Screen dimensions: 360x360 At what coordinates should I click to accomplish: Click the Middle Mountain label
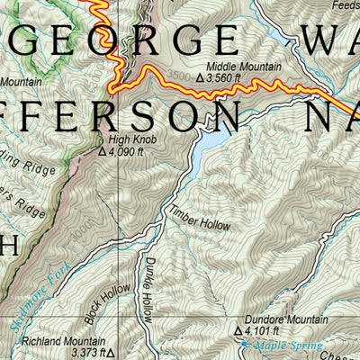tap(244, 67)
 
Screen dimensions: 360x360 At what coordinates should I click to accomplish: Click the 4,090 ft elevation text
tap(130, 152)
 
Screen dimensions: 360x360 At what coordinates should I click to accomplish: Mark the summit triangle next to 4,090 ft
tap(102, 152)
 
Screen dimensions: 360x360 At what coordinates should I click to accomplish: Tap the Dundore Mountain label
tap(278, 320)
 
